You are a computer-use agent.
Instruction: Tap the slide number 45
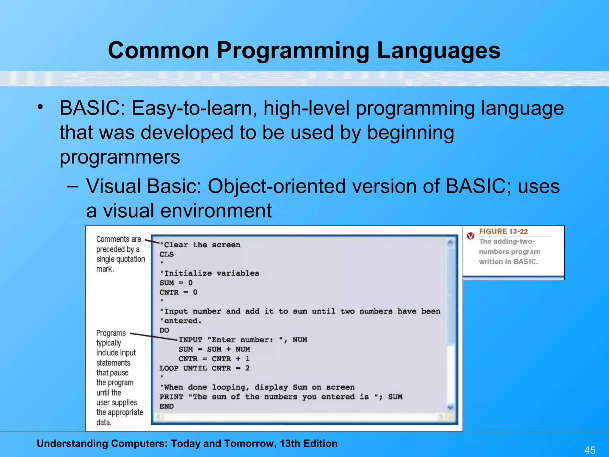(590, 450)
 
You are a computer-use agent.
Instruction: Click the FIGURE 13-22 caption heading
(503, 231)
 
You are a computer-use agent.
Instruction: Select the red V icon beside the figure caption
(470, 236)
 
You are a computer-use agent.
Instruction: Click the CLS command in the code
(167, 254)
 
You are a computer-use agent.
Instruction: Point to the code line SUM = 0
(176, 283)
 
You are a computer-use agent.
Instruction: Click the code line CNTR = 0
(178, 292)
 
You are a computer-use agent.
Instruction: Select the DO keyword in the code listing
(164, 330)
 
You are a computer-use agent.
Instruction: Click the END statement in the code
(167, 406)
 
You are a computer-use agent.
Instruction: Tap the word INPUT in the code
(190, 340)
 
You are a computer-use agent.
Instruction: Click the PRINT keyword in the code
(171, 397)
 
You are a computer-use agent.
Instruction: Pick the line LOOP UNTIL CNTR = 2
(204, 368)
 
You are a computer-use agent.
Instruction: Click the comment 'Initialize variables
(210, 273)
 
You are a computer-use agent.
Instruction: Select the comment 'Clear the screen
(200, 245)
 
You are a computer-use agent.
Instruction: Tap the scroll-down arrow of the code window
(450, 407)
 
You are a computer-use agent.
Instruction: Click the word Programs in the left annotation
(111, 333)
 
